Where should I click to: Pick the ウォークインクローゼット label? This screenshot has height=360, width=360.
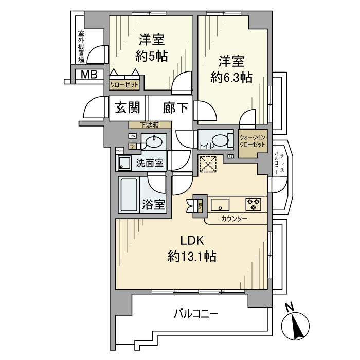[253, 141]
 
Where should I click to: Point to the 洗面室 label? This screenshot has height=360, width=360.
[150, 164]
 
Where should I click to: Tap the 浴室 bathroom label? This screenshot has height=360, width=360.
[154, 204]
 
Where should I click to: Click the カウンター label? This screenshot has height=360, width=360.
[235, 219]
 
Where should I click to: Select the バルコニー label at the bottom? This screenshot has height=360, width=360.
[196, 313]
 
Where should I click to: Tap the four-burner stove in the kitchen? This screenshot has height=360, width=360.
[254, 204]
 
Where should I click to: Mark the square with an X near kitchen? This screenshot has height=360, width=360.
[210, 166]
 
